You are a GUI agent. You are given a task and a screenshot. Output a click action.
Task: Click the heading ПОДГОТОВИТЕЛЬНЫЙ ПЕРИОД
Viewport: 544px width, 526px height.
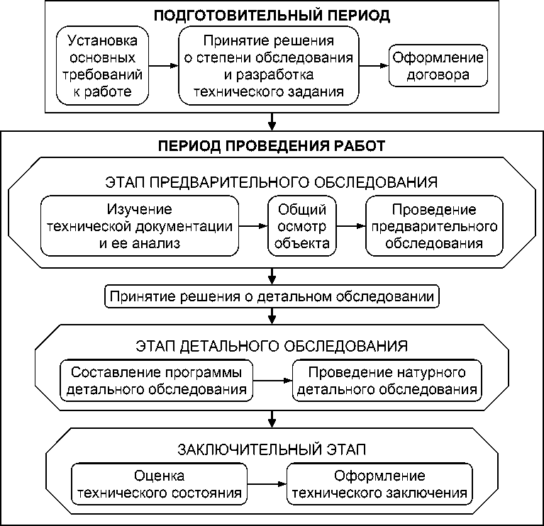coord(272,15)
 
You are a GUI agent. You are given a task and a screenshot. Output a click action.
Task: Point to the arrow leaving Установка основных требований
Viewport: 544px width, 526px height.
coord(164,65)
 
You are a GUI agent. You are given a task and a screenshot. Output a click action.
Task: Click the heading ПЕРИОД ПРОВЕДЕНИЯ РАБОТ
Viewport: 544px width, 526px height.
coord(272,147)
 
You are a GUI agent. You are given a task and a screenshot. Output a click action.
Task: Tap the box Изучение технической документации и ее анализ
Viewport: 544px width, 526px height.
coord(140,226)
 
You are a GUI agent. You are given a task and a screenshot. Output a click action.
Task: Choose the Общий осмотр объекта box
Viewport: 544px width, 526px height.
coord(301,226)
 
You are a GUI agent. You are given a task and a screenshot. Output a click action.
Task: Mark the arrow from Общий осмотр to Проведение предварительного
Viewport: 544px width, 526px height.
coord(350,226)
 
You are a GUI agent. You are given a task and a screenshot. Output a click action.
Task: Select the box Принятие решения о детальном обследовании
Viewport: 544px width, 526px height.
coord(272,295)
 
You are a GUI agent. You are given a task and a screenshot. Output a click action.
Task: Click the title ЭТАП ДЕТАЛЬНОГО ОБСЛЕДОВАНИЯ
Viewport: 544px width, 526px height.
coord(272,346)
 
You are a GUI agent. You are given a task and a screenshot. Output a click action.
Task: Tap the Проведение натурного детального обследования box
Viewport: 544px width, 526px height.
coord(387,381)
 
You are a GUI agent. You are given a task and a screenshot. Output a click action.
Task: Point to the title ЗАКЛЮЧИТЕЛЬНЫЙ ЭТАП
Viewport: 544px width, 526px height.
coord(272,449)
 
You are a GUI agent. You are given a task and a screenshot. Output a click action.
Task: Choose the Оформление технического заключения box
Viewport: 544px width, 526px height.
coord(380,484)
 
